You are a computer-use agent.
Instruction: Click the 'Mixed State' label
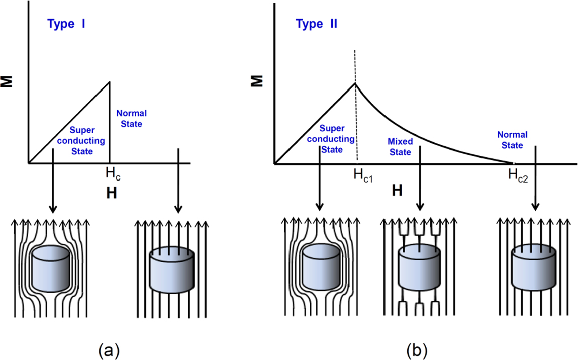pos(400,147)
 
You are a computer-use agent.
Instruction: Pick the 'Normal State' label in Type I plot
pos(131,118)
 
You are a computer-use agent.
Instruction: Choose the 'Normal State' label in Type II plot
pos(512,140)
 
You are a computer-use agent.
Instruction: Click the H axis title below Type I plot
pos(111,194)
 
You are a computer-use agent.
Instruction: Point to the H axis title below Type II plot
pos(397,190)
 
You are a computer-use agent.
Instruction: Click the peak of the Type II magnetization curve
pos(355,83)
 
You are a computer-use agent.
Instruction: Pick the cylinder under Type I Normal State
pos(172,269)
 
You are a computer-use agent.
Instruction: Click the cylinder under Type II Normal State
pos(533,268)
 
